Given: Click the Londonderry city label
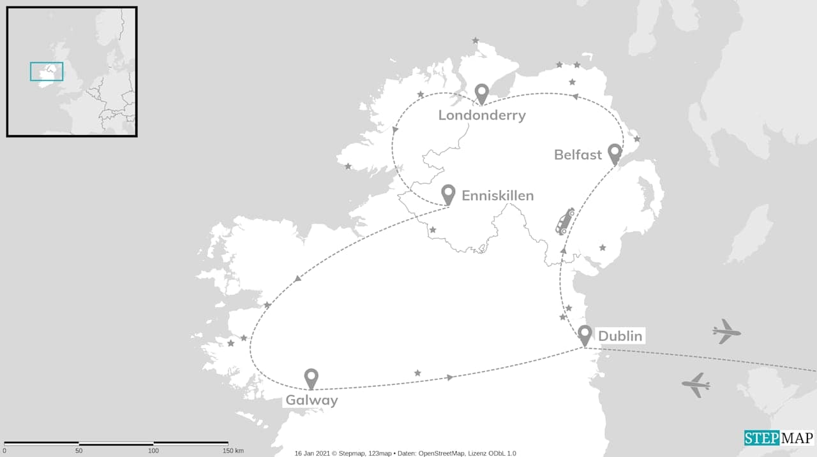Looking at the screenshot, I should (482, 115).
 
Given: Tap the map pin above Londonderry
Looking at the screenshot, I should (482, 94).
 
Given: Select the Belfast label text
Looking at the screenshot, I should (578, 155).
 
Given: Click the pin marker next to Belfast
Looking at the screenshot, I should (615, 153).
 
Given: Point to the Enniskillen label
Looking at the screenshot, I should (497, 196).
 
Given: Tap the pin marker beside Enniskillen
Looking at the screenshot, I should (448, 194).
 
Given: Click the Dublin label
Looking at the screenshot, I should (620, 336).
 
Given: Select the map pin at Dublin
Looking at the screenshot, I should (585, 335).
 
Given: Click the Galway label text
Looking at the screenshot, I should (311, 400).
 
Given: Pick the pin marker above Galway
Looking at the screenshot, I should (311, 378).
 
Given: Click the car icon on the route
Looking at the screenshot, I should (564, 222).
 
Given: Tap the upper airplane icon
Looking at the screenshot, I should (726, 331).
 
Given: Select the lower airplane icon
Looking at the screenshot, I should (696, 384).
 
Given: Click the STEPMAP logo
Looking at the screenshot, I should (779, 438).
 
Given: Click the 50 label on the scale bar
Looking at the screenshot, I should (79, 451).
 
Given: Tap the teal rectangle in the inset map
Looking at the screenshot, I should (47, 71).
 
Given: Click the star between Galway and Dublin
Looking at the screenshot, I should (417, 373).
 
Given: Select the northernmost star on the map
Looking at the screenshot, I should (475, 41).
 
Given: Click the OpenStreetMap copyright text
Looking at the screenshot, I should (405, 453).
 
